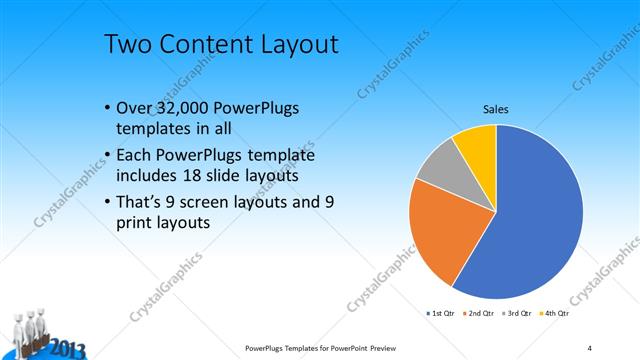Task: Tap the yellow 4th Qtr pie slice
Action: pyautogui.click(x=476, y=145)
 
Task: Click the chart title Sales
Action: pyautogui.click(x=496, y=110)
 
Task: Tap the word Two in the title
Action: pyautogui.click(x=127, y=46)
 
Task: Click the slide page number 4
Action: pyautogui.click(x=589, y=347)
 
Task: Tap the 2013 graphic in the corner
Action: pyautogui.click(x=64, y=349)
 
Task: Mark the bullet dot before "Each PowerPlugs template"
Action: pyautogui.click(x=107, y=155)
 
